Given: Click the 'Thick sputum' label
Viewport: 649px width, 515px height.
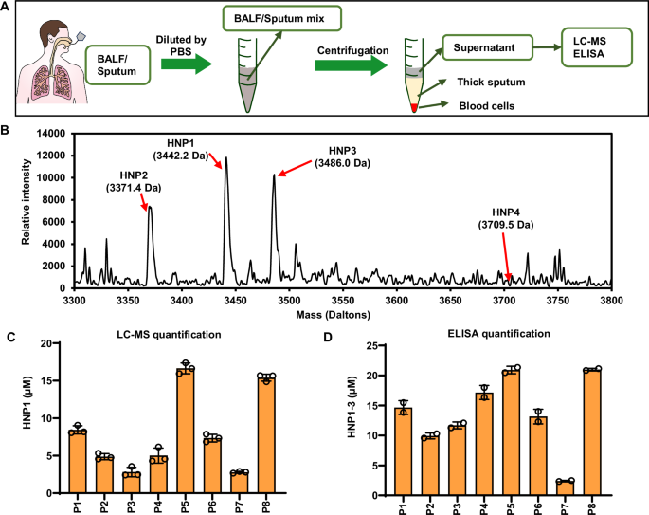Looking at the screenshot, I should click(493, 83).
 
